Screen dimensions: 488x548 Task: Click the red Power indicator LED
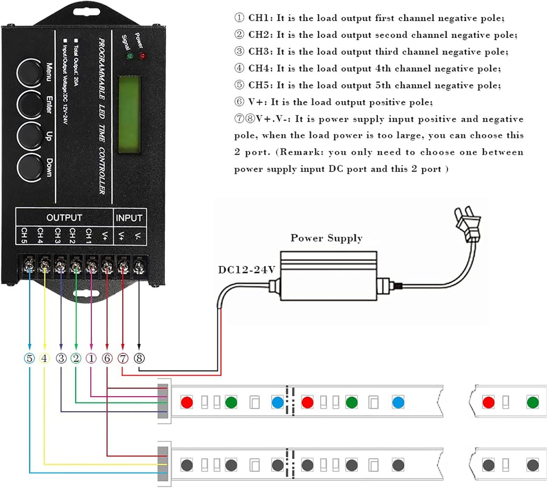[x=142, y=56]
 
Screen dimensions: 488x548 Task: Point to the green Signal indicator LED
[x=130, y=56]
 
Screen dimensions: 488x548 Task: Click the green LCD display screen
[x=130, y=115]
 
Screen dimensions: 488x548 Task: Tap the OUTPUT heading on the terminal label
[x=64, y=218]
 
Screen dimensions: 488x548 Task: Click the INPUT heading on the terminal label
[x=129, y=218]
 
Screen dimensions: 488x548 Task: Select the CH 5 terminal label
[x=24, y=236]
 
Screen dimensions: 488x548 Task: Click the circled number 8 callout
[x=139, y=358]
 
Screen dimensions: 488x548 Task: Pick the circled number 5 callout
[x=30, y=358]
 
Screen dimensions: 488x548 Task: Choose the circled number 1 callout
[x=91, y=358]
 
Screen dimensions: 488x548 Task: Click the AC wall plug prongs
[x=462, y=216]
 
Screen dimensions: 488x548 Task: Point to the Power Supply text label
[x=326, y=238]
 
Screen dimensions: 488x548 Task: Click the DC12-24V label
[x=247, y=270]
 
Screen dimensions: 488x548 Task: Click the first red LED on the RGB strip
[x=187, y=403]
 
